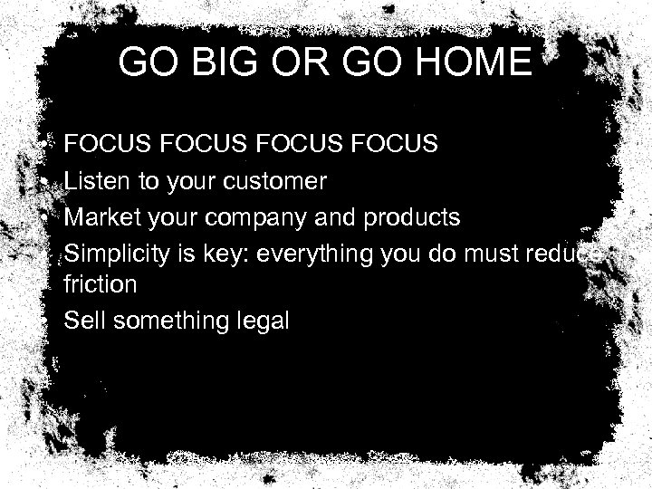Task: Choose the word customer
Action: coord(280,182)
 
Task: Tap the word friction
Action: coord(101,284)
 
